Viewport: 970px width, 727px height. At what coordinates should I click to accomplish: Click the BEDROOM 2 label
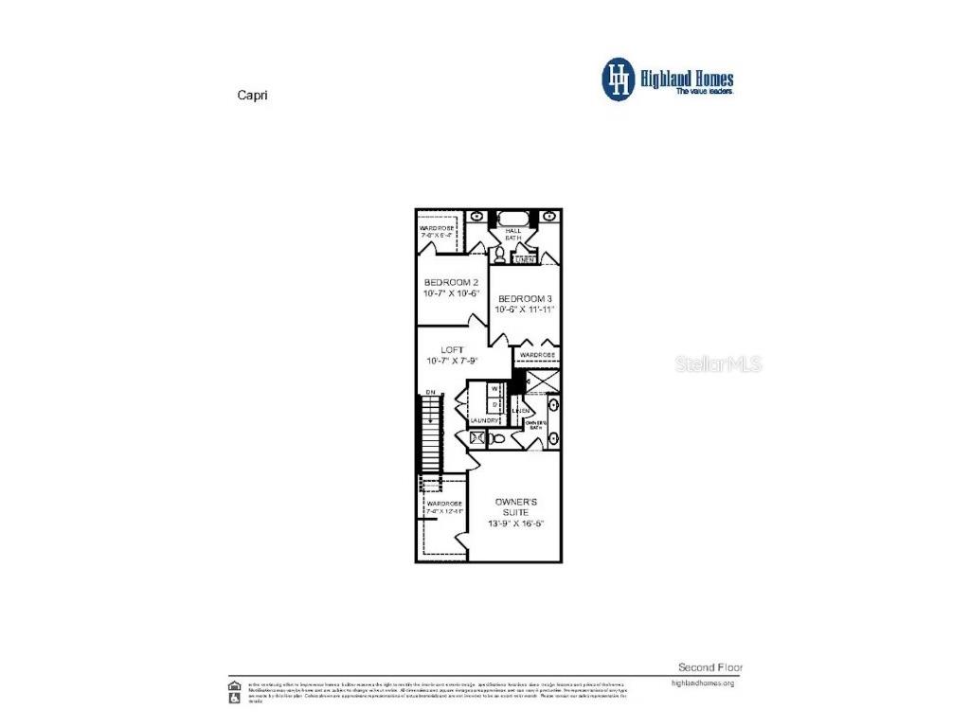coord(451,282)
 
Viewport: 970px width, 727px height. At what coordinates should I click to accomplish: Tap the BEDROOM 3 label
coord(525,298)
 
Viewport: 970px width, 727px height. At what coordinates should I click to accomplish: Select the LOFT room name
coord(452,349)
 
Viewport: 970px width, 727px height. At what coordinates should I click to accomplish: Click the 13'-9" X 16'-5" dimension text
coord(516,523)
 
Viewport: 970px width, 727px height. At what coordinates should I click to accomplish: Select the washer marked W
coord(494,389)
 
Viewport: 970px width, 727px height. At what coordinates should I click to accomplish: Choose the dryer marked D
coord(494,404)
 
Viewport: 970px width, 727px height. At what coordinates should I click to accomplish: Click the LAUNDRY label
coord(484,420)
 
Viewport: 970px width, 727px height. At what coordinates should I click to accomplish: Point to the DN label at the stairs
coord(429,392)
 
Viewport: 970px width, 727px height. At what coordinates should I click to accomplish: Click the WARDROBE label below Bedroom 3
coord(536,355)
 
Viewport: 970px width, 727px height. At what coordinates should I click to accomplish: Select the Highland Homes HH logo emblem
coord(620,79)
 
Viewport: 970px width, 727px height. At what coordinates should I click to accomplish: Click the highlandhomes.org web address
coord(702,683)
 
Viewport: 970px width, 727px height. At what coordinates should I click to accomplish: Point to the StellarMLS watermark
coord(718,363)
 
